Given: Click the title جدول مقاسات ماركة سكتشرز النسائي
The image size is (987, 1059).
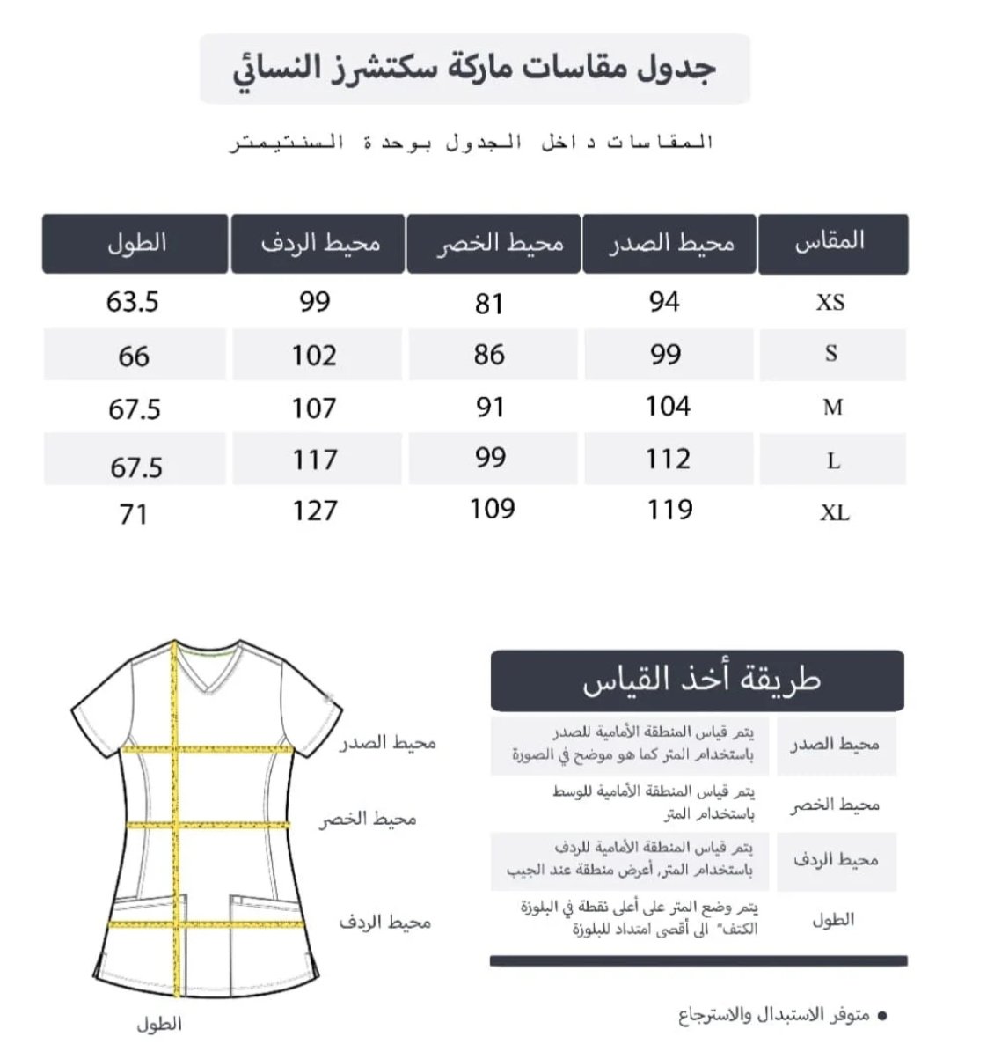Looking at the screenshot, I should pyautogui.click(x=475, y=69).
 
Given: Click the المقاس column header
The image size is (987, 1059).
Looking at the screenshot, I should pyautogui.click(x=831, y=242).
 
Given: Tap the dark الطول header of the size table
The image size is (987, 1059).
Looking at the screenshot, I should pyautogui.click(x=135, y=243).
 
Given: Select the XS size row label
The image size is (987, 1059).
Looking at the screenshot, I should pyautogui.click(x=830, y=302).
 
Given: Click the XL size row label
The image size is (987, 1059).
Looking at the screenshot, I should pyautogui.click(x=834, y=512).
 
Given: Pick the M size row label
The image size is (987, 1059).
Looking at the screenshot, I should pyautogui.click(x=833, y=408).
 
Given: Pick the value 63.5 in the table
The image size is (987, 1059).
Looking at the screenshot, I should pyautogui.click(x=133, y=302).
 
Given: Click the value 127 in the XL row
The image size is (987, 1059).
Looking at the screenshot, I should pyautogui.click(x=314, y=511).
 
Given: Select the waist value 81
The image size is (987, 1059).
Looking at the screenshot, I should pyautogui.click(x=489, y=304).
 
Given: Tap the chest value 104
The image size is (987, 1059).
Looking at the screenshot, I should pyautogui.click(x=668, y=406).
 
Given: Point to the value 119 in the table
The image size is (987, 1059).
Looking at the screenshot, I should pyautogui.click(x=669, y=509).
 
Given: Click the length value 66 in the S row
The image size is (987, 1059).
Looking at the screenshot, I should pyautogui.click(x=134, y=357).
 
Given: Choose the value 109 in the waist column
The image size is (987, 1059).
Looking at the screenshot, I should pyautogui.click(x=492, y=508).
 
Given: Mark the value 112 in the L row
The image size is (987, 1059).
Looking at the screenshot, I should pyautogui.click(x=668, y=459).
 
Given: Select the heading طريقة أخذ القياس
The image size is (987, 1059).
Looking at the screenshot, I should pyautogui.click(x=700, y=680).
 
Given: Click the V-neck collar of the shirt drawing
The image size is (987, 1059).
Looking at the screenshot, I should pyautogui.click(x=208, y=669).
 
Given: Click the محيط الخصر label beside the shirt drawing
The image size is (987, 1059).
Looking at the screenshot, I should pyautogui.click(x=368, y=820).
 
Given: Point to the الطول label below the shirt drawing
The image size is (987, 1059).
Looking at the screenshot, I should pyautogui.click(x=159, y=1024).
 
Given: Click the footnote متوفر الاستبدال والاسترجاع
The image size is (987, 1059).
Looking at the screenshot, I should pyautogui.click(x=774, y=1015).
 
